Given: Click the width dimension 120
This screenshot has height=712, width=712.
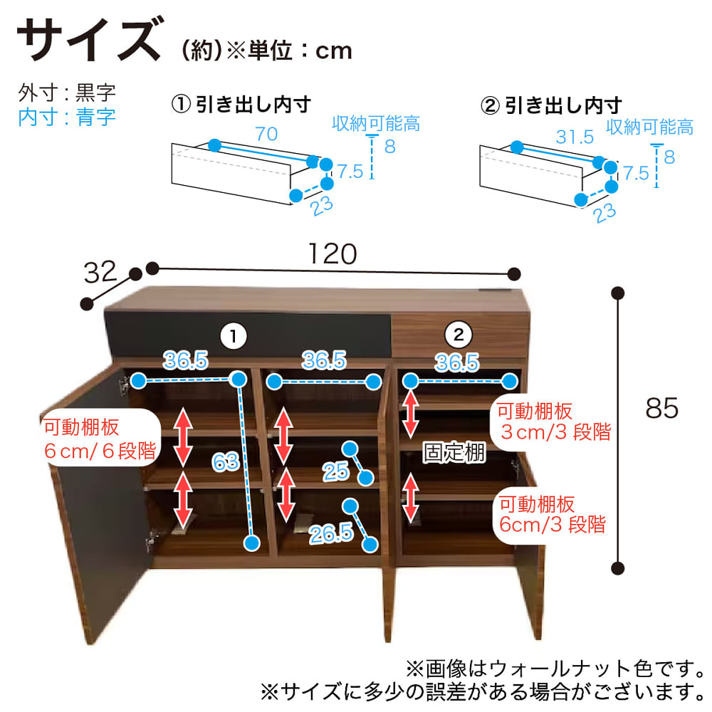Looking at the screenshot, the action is pos(333,253).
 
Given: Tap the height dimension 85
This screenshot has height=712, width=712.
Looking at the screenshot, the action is pos(661,408).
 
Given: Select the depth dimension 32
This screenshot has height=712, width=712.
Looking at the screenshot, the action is pos(100,273).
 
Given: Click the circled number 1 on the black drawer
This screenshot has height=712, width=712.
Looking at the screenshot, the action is pos(234,337).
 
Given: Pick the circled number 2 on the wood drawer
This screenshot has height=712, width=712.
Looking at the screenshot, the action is pos(459,335).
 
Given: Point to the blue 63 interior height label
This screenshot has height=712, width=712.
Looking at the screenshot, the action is pos(226,462).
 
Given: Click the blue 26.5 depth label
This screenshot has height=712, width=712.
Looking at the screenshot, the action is pos(331,533).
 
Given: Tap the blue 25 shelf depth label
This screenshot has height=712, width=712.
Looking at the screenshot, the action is pos(336,472).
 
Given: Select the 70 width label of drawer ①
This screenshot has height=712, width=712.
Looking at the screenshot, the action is pos(266,134).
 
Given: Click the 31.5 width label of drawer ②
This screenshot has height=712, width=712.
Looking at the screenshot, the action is pos(575,137).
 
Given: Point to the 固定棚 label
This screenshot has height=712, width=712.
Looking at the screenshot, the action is pos(454,452).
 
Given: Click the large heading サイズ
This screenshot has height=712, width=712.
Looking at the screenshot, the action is pos(90,39).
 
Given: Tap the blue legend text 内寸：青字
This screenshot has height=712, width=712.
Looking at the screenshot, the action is pos(67,117).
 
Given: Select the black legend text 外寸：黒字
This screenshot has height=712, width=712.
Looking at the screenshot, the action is pos(67,93).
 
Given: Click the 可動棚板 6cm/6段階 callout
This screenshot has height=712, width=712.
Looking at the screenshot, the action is pos(100,439).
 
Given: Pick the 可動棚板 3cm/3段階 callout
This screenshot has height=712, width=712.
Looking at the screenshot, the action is pos(554,422).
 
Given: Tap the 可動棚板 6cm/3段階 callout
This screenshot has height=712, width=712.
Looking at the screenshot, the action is pos(553,515).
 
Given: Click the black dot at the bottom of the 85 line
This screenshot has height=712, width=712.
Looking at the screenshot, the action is pos(617,568).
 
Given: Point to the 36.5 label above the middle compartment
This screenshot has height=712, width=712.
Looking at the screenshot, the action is pos(324,360).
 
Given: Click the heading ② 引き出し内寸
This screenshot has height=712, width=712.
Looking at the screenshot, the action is pos(551,105).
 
